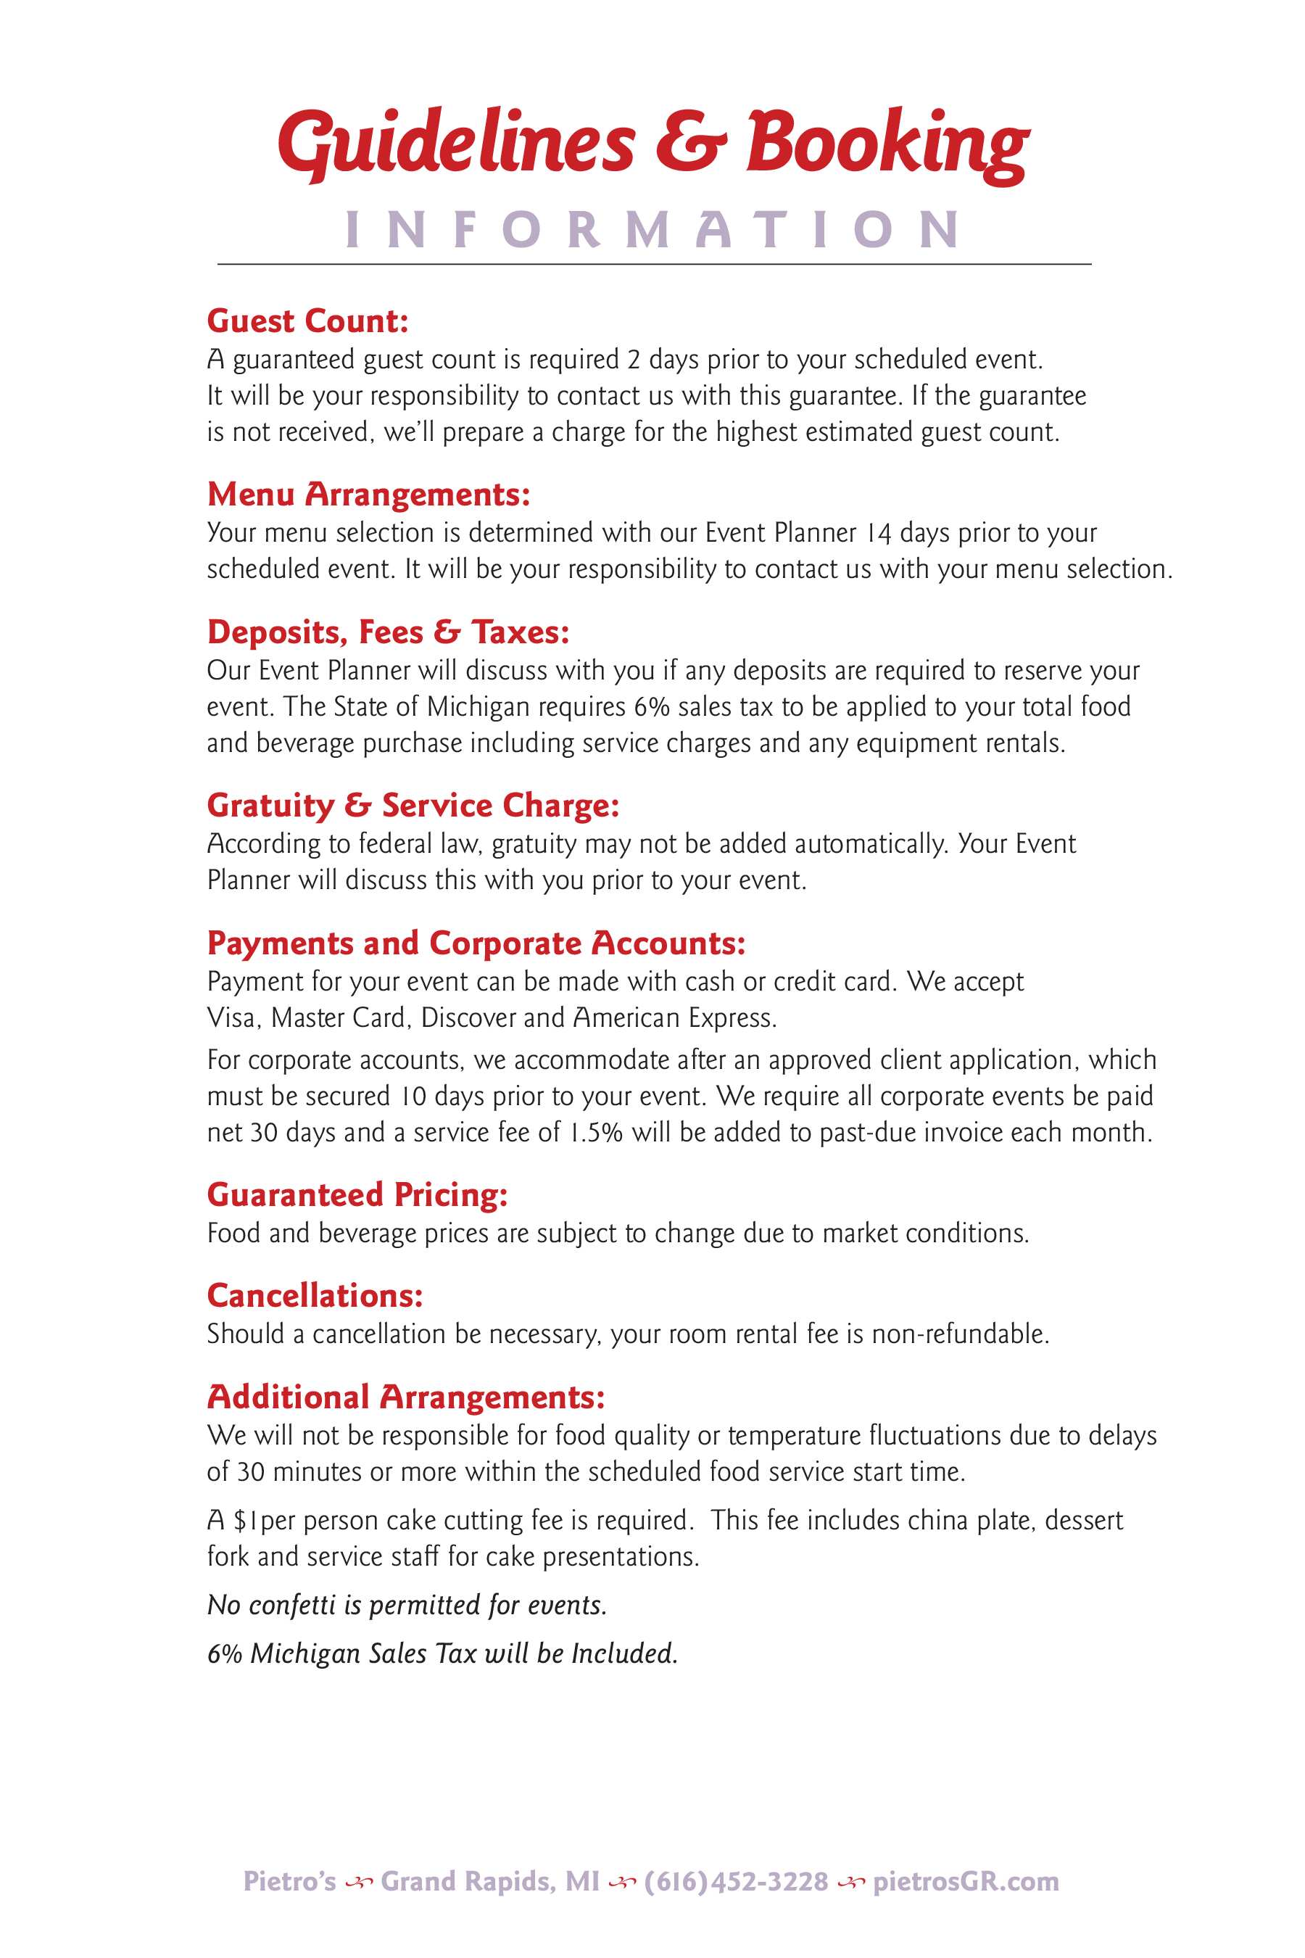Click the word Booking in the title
click(887, 143)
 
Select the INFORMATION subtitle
click(653, 230)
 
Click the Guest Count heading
click(308, 321)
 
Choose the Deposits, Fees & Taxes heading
click(388, 632)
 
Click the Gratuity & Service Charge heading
click(413, 806)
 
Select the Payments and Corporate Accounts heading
click(476, 943)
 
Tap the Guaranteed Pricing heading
click(357, 1194)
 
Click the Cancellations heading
click(315, 1295)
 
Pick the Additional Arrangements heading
click(405, 1397)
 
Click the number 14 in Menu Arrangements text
click(879, 533)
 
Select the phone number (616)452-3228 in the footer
click(737, 1881)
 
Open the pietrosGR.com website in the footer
click(966, 1881)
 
